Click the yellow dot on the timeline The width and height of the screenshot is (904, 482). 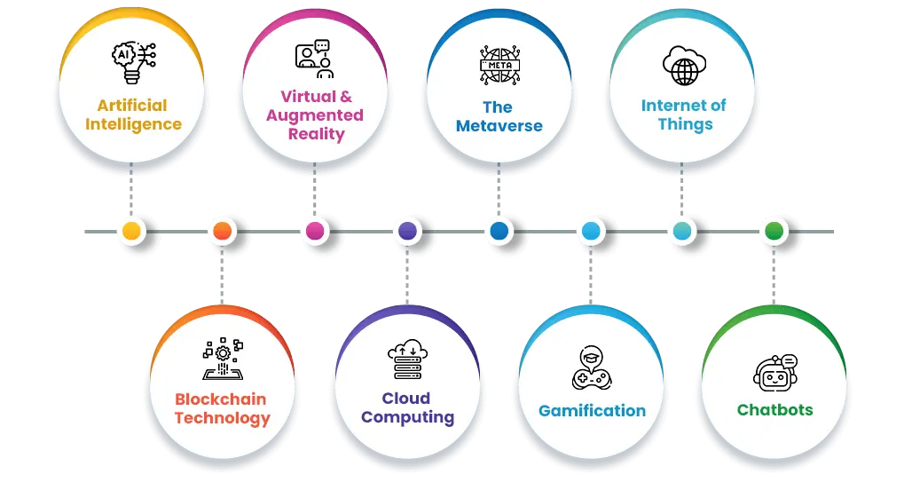coord(131,232)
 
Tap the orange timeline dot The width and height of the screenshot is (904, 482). coord(223,232)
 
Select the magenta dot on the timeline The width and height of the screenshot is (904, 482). coord(314,232)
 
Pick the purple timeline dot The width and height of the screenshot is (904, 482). coord(407,232)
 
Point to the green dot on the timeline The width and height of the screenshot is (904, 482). coord(774,232)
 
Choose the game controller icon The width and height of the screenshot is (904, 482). coord(592,367)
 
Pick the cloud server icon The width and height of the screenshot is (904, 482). coord(407,361)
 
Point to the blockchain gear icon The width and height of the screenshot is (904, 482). coord(222,360)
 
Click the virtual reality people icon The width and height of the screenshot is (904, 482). coord(315,59)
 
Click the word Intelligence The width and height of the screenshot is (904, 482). coord(133,124)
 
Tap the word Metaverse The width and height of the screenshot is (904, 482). coord(499,126)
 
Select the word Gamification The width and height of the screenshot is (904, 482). coord(592,411)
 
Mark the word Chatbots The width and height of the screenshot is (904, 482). coord(774,410)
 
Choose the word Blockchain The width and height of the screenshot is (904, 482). coord(220,399)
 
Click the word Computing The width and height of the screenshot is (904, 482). coord(407,417)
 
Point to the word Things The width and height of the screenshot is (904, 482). coord(685,124)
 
